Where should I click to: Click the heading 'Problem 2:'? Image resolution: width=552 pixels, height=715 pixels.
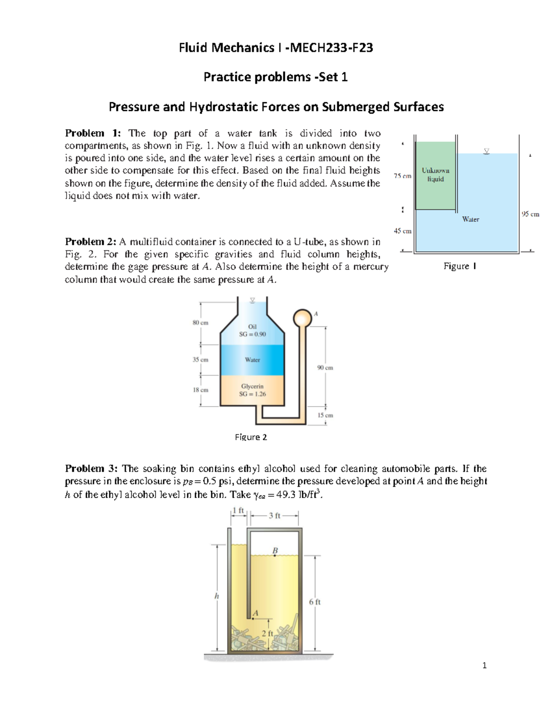click(x=91, y=242)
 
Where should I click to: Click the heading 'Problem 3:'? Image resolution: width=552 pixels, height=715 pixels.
click(x=91, y=469)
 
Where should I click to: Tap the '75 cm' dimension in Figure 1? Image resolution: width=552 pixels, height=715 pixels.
click(x=402, y=176)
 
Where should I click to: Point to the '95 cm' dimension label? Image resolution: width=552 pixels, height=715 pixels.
click(x=530, y=214)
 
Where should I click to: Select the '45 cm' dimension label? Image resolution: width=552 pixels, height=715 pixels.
click(x=402, y=231)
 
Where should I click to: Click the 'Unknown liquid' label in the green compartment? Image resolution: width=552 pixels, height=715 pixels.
click(x=435, y=174)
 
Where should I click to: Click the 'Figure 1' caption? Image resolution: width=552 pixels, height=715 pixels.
click(x=460, y=266)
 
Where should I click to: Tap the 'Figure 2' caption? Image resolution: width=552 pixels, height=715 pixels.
click(x=251, y=437)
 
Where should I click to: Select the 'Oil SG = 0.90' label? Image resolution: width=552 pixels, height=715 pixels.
click(x=252, y=331)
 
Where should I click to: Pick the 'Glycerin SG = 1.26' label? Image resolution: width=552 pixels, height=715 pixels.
click(x=252, y=390)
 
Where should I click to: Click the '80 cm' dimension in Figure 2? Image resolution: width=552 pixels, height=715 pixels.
click(x=200, y=323)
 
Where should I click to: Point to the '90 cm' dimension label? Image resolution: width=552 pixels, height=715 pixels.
click(x=325, y=368)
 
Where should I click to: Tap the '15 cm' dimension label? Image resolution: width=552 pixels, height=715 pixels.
click(x=325, y=415)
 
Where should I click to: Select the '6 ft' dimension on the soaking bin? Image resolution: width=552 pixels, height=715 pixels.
click(x=315, y=602)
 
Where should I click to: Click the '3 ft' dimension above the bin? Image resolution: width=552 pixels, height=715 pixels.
click(x=274, y=516)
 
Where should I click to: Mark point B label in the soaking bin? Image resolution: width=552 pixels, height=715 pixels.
click(x=275, y=551)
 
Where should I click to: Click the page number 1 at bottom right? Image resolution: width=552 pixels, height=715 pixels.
click(x=484, y=665)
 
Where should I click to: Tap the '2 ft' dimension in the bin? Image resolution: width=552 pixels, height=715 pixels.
click(x=267, y=634)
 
